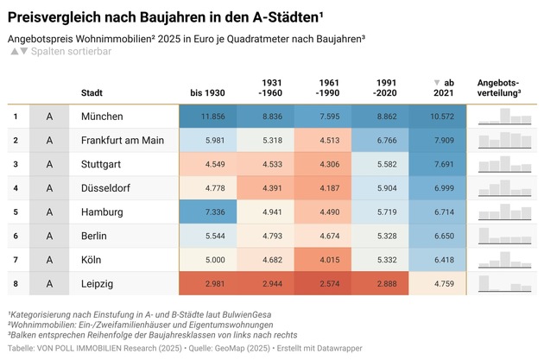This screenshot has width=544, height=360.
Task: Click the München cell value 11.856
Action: (x=212, y=117)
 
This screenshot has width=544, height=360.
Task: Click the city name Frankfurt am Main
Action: (x=122, y=140)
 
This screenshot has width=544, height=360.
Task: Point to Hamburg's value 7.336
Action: (x=212, y=212)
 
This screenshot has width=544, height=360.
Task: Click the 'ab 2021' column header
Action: (x=441, y=87)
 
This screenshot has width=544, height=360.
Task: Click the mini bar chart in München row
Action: (x=504, y=117)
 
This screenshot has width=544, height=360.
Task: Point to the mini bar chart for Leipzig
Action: (x=504, y=283)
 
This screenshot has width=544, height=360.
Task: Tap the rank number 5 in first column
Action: (x=15, y=212)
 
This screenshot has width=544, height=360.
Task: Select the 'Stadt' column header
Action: (x=92, y=92)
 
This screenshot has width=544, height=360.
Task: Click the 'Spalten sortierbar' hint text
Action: (x=71, y=52)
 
